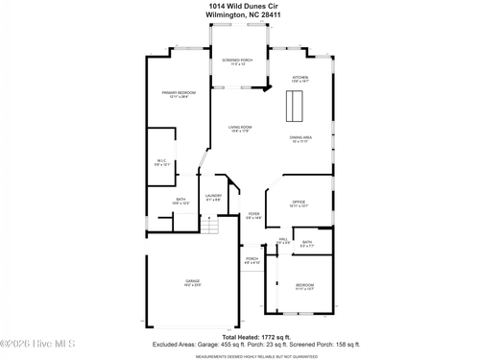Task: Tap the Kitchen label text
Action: click(x=300, y=79)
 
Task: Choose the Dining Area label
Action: click(x=300, y=139)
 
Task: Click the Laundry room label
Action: click(x=213, y=197)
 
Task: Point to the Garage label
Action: click(x=193, y=282)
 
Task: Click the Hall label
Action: click(x=283, y=241)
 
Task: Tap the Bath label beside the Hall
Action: click(x=307, y=244)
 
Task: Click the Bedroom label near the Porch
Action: click(x=304, y=287)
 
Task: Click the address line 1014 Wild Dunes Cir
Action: click(x=239, y=6)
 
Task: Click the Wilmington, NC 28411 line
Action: click(x=239, y=15)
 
